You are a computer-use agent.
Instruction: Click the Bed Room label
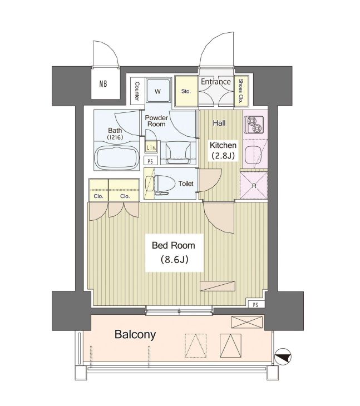174,245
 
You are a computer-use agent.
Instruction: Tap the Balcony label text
135,334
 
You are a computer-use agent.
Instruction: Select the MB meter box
105,83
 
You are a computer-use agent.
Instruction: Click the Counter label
137,91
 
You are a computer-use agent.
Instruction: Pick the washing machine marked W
158,91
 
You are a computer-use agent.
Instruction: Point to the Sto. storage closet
186,91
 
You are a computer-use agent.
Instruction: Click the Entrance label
216,82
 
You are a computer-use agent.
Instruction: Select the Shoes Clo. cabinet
241,91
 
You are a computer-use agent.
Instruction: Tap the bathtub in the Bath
117,158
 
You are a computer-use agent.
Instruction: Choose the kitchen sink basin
255,155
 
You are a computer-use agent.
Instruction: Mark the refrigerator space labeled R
254,185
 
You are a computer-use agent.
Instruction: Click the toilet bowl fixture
161,184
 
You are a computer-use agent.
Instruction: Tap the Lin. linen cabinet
151,147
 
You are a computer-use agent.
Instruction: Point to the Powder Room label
156,121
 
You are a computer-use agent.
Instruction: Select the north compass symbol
283,357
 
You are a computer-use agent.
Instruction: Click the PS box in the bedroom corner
255,305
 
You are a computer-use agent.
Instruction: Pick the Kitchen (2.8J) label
223,150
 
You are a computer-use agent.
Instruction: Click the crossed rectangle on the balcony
247,323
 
